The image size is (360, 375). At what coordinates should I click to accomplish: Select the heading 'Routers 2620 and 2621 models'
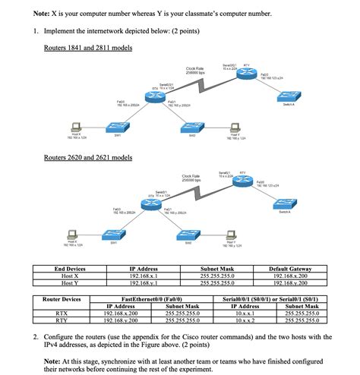(88, 158)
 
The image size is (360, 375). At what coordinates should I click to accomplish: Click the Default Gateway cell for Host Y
(290, 283)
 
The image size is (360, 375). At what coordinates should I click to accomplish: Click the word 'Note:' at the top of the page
(44, 14)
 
